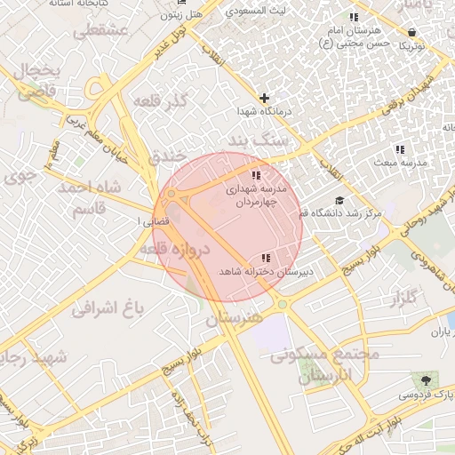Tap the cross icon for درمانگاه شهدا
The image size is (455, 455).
(264, 98)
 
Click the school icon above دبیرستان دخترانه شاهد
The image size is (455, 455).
(266, 258)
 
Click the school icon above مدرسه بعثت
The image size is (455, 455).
(400, 149)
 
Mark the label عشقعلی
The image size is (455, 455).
(101, 30)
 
